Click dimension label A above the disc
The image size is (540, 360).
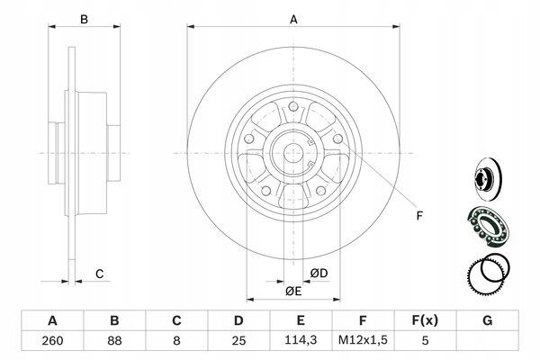[x=293, y=18]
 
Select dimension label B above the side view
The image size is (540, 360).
[x=84, y=18]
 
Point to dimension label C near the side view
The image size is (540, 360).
[x=101, y=274]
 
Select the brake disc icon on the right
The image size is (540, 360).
[x=485, y=178]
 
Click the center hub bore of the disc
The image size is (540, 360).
[x=293, y=154]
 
